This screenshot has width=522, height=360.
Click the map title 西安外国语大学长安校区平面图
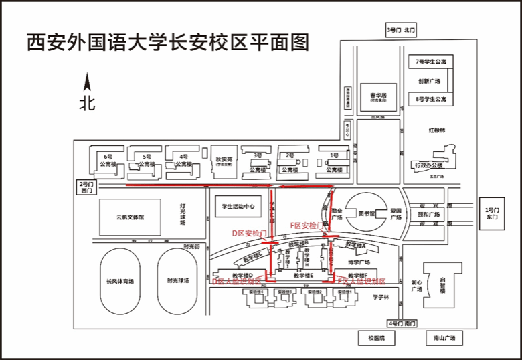pos(169,42)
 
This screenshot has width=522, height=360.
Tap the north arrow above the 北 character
pos(86,83)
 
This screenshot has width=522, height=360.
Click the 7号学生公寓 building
pos(430,62)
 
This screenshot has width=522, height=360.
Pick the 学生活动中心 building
pos(239,207)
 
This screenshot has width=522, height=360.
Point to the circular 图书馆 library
pos(365,213)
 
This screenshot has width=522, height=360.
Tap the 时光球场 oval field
pos(180,281)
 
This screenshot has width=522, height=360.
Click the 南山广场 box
pos(444,338)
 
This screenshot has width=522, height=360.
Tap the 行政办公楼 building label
pos(429,165)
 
